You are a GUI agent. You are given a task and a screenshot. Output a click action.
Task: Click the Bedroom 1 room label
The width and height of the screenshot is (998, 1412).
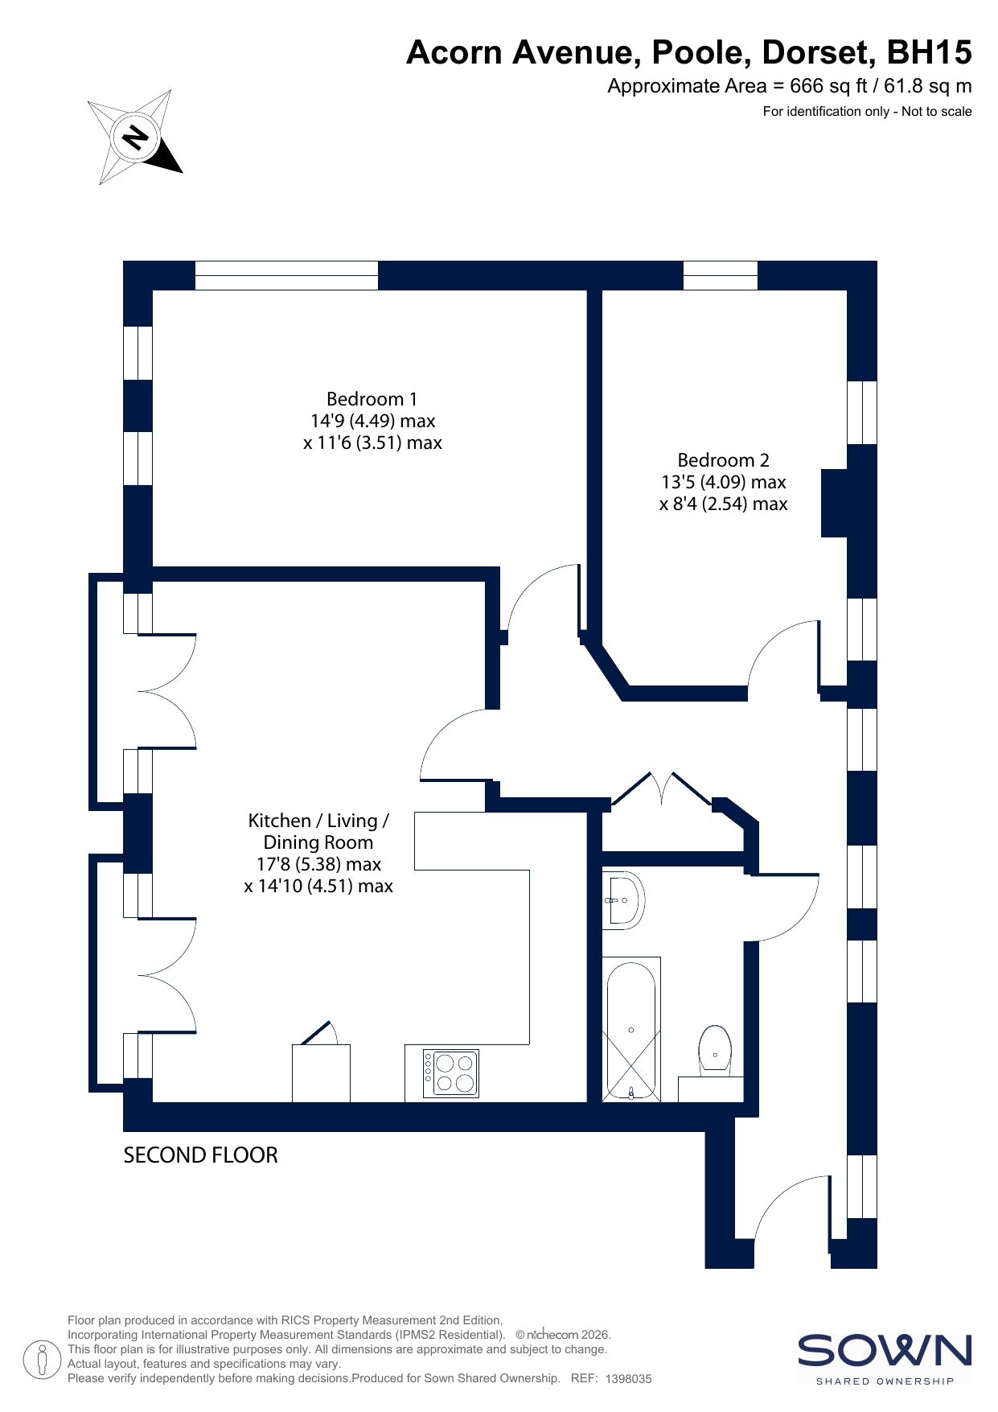[372, 399]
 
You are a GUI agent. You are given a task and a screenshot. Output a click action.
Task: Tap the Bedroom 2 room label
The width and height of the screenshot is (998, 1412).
[724, 460]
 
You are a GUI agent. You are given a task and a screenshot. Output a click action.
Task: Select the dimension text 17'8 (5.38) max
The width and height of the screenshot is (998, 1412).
[318, 864]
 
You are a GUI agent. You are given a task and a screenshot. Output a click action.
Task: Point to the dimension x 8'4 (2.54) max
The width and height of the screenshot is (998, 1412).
[724, 504]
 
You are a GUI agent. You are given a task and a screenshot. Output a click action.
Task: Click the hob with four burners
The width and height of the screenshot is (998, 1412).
[451, 1073]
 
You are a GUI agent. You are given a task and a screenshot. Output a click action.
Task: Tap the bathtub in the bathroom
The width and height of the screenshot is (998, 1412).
[632, 1029]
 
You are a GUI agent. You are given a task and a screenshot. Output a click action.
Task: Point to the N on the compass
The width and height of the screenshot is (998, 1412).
[135, 138]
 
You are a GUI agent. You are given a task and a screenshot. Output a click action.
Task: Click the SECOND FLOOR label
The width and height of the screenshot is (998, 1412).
[200, 1155]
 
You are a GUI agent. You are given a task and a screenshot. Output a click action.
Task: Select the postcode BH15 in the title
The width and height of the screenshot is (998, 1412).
[929, 52]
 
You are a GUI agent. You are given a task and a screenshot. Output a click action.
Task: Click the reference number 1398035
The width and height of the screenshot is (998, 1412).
[628, 1378]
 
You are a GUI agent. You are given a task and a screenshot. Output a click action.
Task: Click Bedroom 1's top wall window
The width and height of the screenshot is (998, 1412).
[286, 275]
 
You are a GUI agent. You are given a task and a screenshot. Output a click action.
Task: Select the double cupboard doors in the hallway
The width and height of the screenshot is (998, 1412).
[662, 788]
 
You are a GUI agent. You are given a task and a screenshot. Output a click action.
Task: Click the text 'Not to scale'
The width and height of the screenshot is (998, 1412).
[937, 112]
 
